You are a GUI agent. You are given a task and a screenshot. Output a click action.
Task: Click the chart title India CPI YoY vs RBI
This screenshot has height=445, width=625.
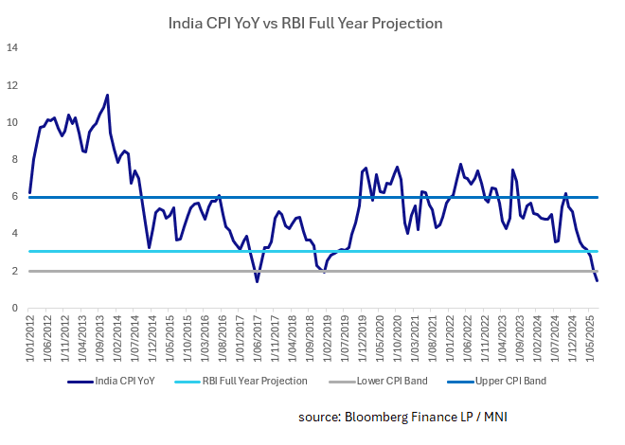(x=305, y=22)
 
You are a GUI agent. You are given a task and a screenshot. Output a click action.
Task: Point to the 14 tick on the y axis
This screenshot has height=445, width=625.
(x=13, y=48)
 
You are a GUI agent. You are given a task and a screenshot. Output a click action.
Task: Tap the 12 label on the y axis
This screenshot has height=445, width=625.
(x=13, y=85)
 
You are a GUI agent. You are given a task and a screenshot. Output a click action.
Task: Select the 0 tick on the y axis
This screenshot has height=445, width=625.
(x=16, y=308)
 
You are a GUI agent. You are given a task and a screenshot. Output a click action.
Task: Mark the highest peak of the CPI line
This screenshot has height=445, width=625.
(x=107, y=95)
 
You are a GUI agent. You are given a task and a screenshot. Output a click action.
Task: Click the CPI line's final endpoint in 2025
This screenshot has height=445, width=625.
(x=597, y=280)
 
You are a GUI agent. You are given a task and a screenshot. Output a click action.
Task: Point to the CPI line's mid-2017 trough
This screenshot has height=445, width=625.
(x=257, y=281)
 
